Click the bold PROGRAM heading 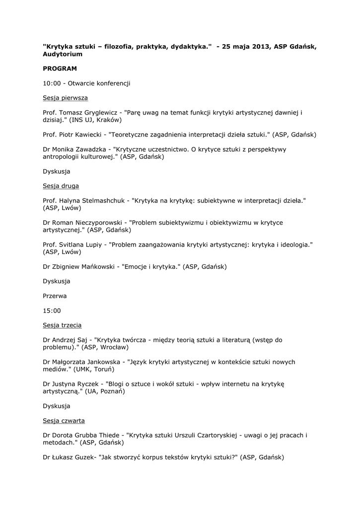point(60,68)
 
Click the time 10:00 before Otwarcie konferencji point(52,83)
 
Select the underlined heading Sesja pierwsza point(65,98)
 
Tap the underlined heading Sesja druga point(61,186)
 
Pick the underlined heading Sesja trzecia point(62,325)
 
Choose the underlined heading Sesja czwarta point(64,421)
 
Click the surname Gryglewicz point(99,113)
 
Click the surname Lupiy point(93,245)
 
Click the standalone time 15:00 point(52,311)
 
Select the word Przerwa point(55,296)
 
